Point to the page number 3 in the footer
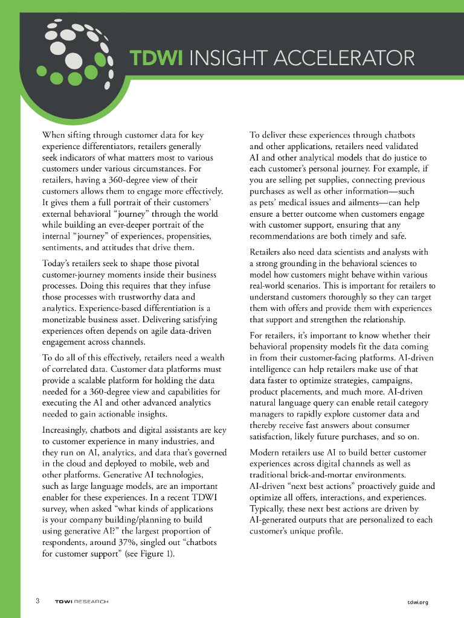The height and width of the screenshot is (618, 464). point(37,601)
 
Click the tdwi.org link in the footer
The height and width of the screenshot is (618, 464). point(417,602)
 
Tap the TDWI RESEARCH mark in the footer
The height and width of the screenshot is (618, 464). point(81,602)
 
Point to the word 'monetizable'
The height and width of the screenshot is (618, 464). point(66,320)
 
